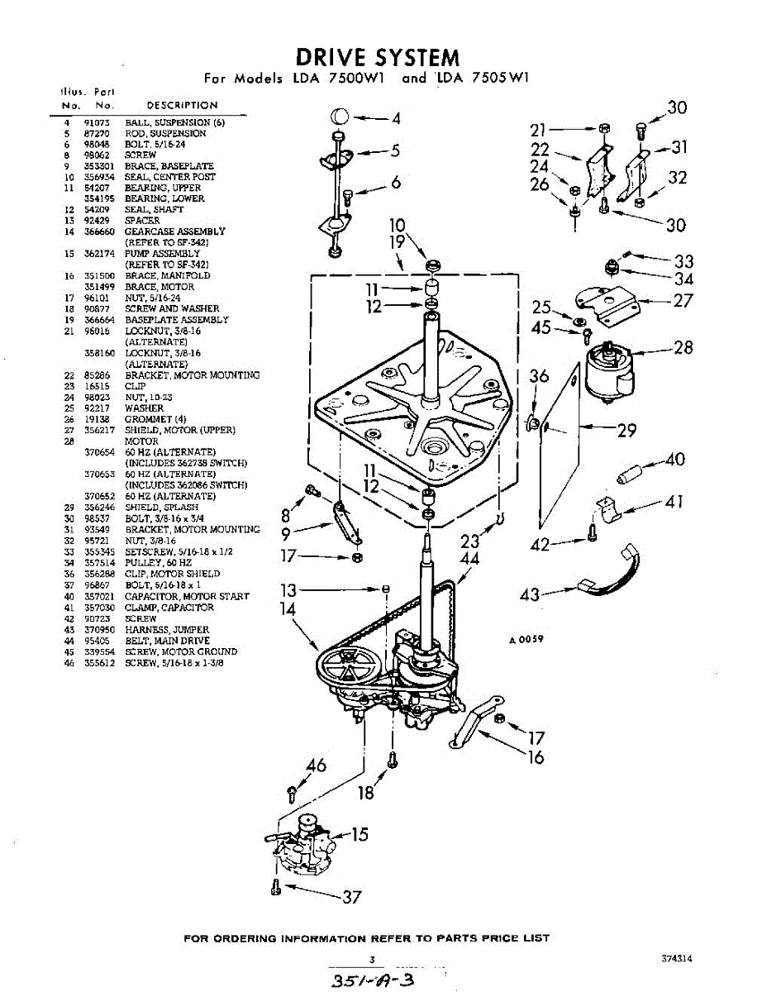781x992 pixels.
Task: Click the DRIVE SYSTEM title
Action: tap(377, 57)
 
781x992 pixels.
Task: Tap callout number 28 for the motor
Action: tap(683, 348)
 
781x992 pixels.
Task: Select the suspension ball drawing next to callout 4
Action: tap(339, 116)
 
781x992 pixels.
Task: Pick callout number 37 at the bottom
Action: tap(351, 897)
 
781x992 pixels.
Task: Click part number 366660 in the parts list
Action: tap(97, 232)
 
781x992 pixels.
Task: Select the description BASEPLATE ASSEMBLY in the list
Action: tap(177, 320)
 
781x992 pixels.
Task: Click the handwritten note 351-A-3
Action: tap(371, 980)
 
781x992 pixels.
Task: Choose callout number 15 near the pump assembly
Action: tap(360, 834)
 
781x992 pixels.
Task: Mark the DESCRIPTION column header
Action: tap(182, 106)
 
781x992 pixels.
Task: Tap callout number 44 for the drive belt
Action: tap(469, 560)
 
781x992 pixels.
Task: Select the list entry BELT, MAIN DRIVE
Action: tap(167, 641)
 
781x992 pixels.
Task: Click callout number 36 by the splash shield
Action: tap(539, 376)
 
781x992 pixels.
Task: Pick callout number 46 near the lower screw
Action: tap(317, 765)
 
